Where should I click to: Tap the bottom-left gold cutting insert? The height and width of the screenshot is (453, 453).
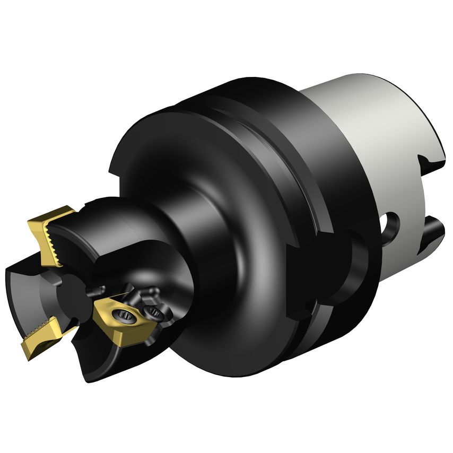pyautogui.click(x=40, y=339)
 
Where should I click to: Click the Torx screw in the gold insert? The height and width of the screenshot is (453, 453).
pyautogui.click(x=126, y=317)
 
